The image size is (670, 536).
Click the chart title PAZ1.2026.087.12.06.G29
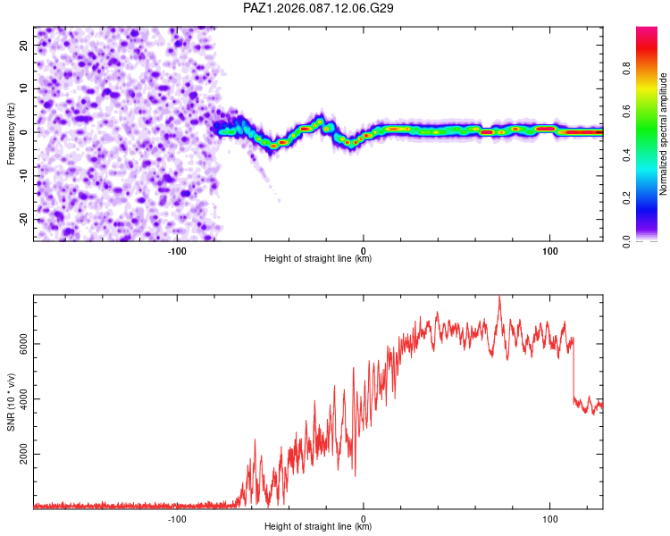[x=319, y=8]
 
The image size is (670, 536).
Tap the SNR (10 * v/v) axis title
[x=12, y=403]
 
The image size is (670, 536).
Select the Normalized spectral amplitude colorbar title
[x=664, y=134]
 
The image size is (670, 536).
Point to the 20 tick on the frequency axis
[x=23, y=45]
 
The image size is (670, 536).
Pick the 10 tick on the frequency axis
[x=23, y=88]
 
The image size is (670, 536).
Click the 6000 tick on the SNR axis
[x=23, y=342]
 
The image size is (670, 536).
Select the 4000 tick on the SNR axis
[x=23, y=398]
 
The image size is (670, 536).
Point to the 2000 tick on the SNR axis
[x=23, y=455]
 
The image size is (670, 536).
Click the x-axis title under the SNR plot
[x=318, y=527]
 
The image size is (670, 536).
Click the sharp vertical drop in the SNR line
[x=573, y=371]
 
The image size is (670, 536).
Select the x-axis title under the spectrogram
[x=318, y=258]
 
